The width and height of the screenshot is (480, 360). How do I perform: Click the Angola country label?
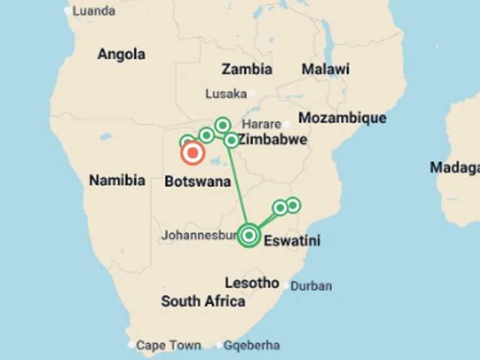pos(121,54)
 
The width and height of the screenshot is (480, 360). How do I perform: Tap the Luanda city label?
pos(94,11)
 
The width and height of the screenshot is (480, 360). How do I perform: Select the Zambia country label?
pos(247,69)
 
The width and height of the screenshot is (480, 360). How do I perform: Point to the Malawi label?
pos(325,69)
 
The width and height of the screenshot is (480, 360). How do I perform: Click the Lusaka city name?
pos(226,94)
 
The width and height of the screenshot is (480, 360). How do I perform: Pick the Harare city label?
pos(262,124)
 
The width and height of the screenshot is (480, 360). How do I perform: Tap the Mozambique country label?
pos(342,117)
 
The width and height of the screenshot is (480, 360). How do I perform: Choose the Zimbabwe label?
pos(273,139)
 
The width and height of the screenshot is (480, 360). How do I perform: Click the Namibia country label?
pos(117,181)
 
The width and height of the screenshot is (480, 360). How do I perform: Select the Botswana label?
pos(197,182)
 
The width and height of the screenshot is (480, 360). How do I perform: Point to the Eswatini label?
pos(292,240)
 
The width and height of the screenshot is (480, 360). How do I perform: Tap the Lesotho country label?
pos(252,282)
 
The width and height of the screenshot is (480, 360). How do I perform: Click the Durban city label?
pos(311,286)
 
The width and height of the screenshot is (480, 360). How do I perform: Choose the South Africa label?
pos(203,301)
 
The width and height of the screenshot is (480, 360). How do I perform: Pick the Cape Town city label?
pos(169,345)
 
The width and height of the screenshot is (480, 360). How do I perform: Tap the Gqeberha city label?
pos(252,345)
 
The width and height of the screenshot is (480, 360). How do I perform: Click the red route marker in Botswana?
pos(192,152)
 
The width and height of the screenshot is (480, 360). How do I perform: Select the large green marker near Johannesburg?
pos(249,235)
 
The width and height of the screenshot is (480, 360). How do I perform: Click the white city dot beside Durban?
pos(286,286)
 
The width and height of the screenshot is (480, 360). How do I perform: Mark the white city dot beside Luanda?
pos(67,11)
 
